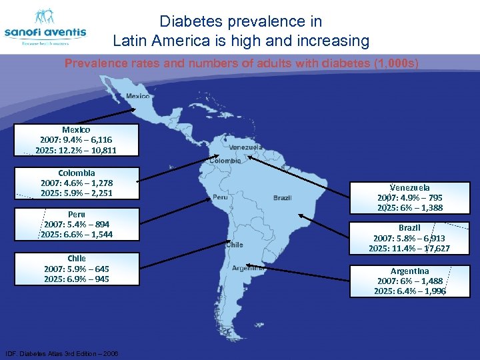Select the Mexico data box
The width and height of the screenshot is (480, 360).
click(76, 140)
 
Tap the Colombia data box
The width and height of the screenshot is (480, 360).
click(77, 183)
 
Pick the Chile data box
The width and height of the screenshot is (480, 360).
click(77, 269)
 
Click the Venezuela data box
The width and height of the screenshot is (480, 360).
click(409, 198)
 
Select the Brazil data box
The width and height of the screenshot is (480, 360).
click(409, 238)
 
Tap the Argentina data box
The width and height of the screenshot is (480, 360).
click(409, 281)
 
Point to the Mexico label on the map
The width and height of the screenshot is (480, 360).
click(138, 96)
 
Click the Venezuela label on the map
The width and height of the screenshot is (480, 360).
click(245, 147)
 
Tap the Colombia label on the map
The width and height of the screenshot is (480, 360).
click(225, 161)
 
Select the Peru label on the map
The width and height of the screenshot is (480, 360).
click(221, 198)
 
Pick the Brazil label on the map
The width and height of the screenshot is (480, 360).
click(283, 198)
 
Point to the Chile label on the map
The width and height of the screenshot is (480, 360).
click(234, 245)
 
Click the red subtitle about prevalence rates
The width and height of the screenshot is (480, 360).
click(241, 64)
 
